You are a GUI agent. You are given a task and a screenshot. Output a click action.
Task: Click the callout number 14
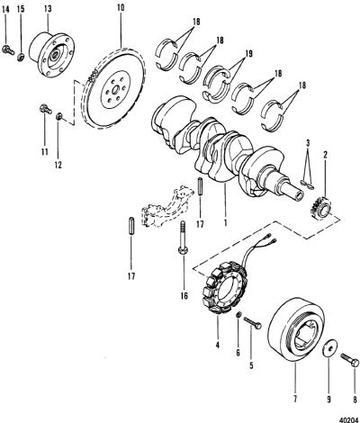tap(5, 9)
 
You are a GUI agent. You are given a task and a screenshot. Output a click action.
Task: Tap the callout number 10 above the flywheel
tap(120, 7)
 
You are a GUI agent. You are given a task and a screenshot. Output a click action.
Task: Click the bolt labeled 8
tap(350, 359)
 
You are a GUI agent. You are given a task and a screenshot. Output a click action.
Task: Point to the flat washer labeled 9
tap(329, 348)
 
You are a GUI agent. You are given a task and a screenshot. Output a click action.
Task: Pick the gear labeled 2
tap(321, 209)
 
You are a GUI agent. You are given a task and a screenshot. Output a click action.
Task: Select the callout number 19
tap(248, 54)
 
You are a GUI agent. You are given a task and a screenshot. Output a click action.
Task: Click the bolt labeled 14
tap(8, 49)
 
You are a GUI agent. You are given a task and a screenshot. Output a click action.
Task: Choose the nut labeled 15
tap(21, 57)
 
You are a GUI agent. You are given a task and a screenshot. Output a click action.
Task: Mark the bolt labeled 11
tap(46, 109)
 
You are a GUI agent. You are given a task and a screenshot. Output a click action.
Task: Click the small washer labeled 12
tap(59, 116)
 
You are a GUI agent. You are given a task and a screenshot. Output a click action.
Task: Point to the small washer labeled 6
tap(238, 315)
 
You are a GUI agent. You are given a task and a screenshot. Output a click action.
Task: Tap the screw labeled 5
tap(252, 323)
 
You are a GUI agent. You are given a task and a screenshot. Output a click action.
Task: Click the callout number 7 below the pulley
tap(295, 399)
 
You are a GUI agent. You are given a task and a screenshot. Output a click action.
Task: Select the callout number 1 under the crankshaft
tap(225, 222)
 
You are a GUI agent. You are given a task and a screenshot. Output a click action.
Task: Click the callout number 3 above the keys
tap(307, 143)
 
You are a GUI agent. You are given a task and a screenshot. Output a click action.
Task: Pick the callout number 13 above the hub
tap(48, 9)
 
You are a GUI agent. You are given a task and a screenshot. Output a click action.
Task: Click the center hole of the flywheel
tap(115, 89)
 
